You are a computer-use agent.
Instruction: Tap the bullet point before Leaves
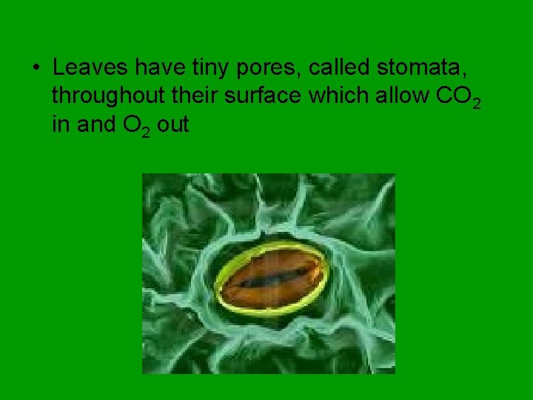click(36, 69)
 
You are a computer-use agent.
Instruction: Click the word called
click(338, 68)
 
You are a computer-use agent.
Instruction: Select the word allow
click(404, 96)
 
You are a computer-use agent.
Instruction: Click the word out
click(173, 125)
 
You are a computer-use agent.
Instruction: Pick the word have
click(155, 68)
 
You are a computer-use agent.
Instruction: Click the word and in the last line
click(92, 124)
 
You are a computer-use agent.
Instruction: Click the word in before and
click(60, 124)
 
